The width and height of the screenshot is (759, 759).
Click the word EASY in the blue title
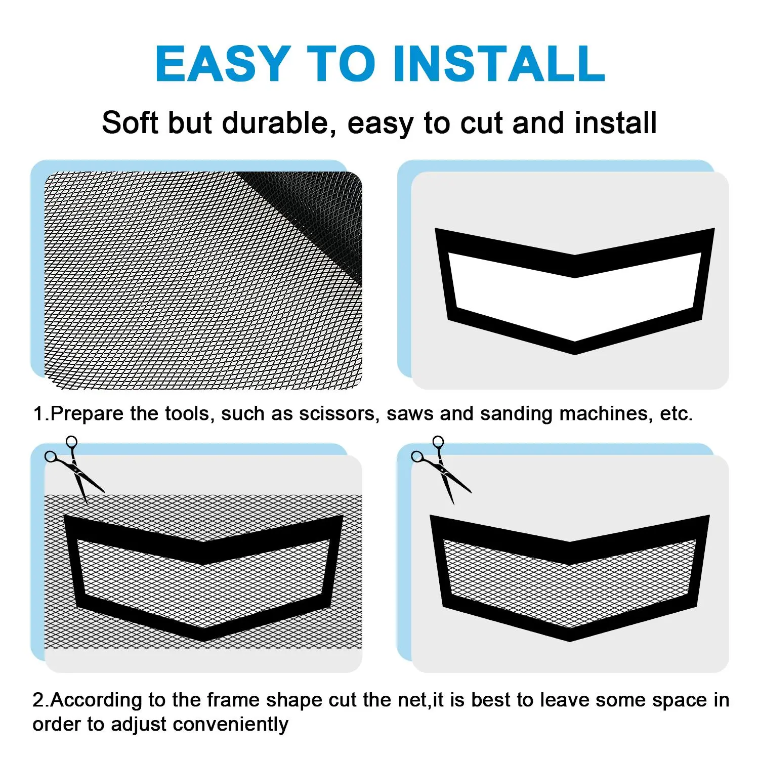coord(223,63)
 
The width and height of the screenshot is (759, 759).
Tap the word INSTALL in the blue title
coord(498,63)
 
